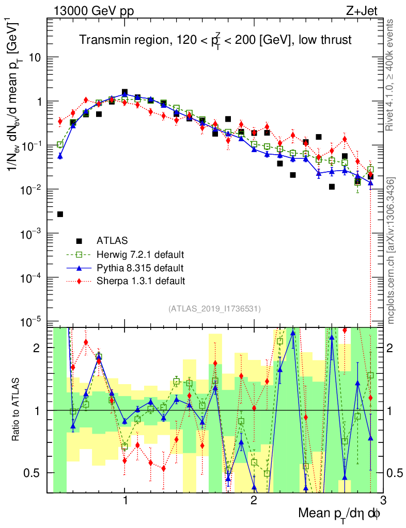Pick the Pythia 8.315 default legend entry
140,268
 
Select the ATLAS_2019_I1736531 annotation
214,309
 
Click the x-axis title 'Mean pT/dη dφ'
340,513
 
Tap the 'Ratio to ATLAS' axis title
17,410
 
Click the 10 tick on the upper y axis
36,58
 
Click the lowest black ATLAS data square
60,214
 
